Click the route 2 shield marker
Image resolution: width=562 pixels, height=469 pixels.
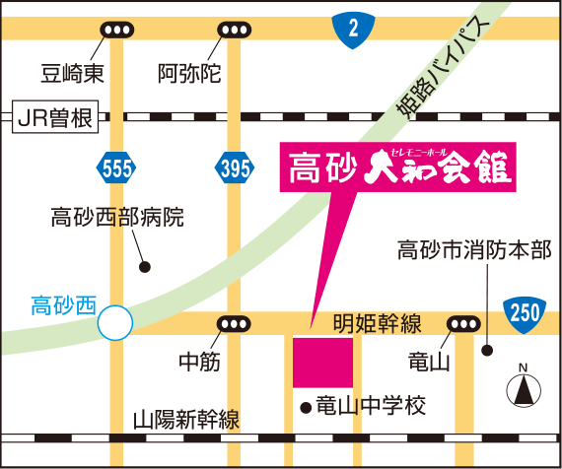pyautogui.click(x=352, y=30)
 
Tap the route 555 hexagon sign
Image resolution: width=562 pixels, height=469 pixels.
pyautogui.click(x=116, y=169)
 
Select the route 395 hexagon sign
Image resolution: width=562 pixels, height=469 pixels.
pyautogui.click(x=235, y=169)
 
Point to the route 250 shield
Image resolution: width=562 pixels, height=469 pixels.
pyautogui.click(x=525, y=314)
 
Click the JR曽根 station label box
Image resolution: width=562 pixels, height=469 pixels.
pyautogui.click(x=54, y=119)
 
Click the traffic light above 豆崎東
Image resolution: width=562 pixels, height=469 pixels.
pyautogui.click(x=116, y=30)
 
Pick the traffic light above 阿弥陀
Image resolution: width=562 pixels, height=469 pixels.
pyautogui.click(x=235, y=30)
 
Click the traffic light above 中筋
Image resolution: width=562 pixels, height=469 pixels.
pyautogui.click(x=235, y=323)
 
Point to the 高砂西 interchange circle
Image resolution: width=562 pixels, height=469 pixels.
pyautogui.click(x=116, y=321)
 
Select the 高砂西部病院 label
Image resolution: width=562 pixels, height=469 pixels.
pyautogui.click(x=117, y=217)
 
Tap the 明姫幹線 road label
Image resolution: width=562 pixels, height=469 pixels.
pyautogui.click(x=378, y=322)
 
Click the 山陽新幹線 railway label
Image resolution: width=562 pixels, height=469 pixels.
pyautogui.click(x=185, y=420)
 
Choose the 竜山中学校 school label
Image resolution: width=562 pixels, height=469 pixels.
pyautogui.click(x=370, y=405)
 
